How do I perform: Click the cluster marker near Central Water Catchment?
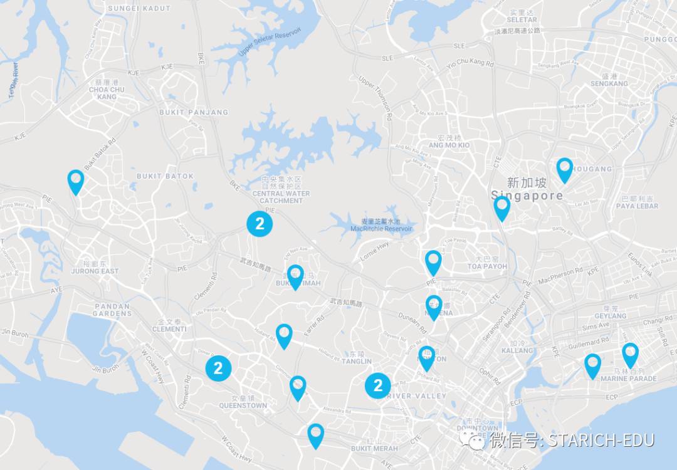(260, 224)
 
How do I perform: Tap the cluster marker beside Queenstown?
(218, 368)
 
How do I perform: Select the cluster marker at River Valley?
(378, 385)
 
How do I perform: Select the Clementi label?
(169, 328)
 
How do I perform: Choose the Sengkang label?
(609, 83)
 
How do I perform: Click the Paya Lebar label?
(637, 206)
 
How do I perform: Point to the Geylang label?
(611, 316)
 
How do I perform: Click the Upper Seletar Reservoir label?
(270, 42)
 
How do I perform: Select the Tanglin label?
(357, 361)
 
